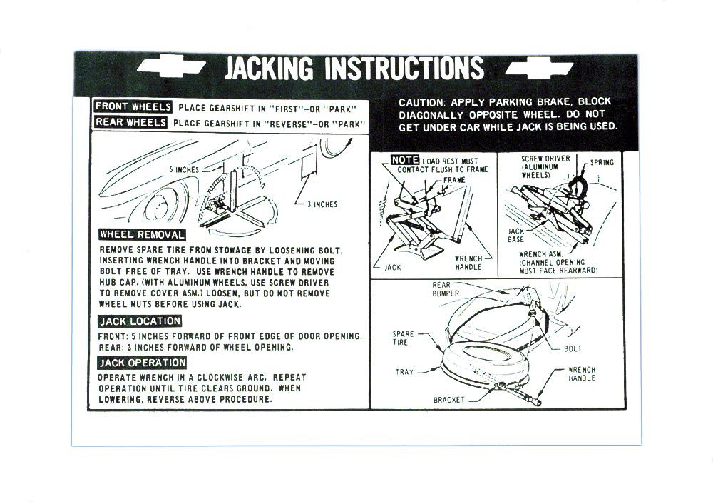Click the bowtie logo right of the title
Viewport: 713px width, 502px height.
click(x=539, y=69)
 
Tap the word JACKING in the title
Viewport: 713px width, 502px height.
click(x=270, y=69)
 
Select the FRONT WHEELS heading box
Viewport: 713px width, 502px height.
click(x=133, y=106)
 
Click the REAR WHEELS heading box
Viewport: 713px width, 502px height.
click(x=130, y=122)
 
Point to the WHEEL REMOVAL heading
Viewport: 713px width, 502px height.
click(x=142, y=235)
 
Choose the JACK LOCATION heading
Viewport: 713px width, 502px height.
click(x=140, y=321)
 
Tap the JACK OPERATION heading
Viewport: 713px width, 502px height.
click(x=142, y=363)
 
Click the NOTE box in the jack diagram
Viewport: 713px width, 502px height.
click(x=405, y=160)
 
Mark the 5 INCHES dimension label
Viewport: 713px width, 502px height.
click(x=184, y=169)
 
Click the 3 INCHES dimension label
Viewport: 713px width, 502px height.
click(x=322, y=204)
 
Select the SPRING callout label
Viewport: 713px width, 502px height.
click(x=602, y=162)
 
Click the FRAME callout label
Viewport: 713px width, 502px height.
click(x=453, y=180)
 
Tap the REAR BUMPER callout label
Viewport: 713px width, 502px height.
click(x=445, y=289)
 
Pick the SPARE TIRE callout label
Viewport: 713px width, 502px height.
click(x=403, y=338)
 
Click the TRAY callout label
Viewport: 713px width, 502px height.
click(x=404, y=372)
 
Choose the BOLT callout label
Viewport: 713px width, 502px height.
click(x=573, y=349)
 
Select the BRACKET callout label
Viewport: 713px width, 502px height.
click(x=448, y=400)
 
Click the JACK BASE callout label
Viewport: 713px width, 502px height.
click(x=515, y=235)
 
